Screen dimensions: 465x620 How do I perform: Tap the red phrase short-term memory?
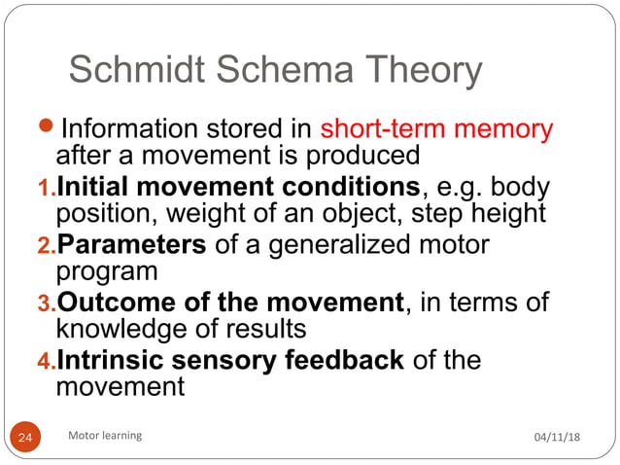(x=436, y=128)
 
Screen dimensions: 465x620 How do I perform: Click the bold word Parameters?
(x=131, y=244)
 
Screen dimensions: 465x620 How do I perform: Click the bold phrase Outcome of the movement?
(x=230, y=303)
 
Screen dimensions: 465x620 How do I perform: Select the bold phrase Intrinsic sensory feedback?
(x=230, y=361)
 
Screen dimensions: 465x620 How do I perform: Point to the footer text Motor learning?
(x=105, y=436)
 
